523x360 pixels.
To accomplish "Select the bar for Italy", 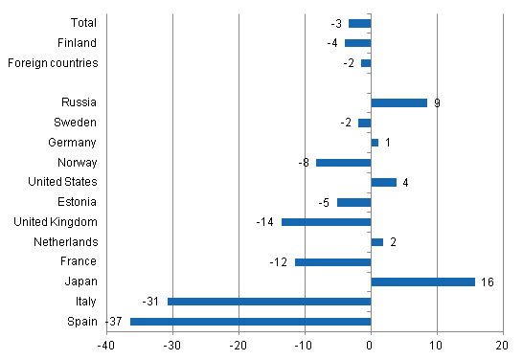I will (269, 302).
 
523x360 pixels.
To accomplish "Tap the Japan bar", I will (422, 281).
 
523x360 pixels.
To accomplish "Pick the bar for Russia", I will (398, 102).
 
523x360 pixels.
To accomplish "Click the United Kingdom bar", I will (326, 222).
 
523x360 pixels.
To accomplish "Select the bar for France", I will (332, 261).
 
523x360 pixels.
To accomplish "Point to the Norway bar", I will (343, 163).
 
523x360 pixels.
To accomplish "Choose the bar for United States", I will (383, 182).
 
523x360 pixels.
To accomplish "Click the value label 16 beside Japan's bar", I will (486, 282).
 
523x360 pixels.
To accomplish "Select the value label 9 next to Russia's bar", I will (437, 102).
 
